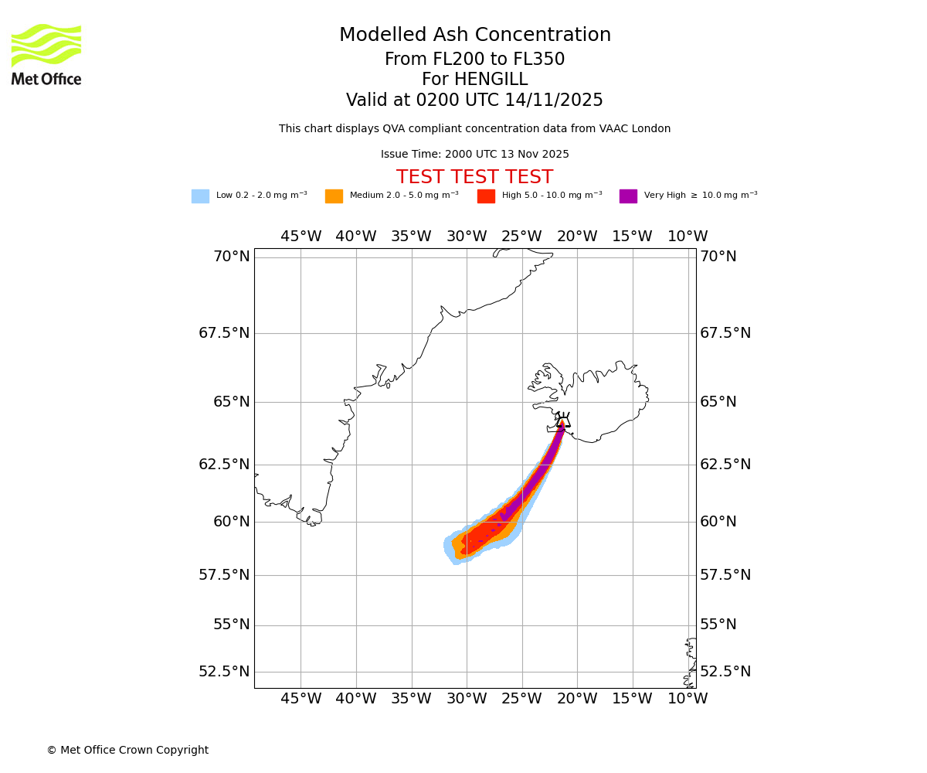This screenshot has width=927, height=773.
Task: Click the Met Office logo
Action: pos(46,54)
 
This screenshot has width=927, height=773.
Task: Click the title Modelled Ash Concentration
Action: pos(474,36)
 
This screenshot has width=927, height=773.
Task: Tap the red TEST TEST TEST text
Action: pos(474,178)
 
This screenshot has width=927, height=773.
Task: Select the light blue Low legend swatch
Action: pos(200,196)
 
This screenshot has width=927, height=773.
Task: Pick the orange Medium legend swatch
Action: pos(334,196)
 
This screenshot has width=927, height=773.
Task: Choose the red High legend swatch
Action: pos(486,196)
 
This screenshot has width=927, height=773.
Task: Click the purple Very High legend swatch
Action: pos(628,196)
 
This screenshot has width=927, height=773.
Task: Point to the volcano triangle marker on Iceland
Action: pos(563,422)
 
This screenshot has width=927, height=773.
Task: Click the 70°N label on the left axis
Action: pos(231,257)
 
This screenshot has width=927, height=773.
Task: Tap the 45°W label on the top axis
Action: pos(301,237)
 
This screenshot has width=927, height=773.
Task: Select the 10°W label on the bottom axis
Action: pos(688,699)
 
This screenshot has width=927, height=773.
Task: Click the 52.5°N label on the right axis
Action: pos(725,671)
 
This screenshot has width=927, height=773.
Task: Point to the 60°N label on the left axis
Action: pos(231,522)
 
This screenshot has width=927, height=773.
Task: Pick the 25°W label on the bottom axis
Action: pos(521,699)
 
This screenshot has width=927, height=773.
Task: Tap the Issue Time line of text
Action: pos(474,155)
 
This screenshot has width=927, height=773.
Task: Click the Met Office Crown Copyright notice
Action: pos(127,751)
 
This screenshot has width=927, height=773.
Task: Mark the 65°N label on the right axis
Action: pos(718,402)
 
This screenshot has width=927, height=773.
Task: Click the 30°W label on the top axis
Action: pos(467,237)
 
